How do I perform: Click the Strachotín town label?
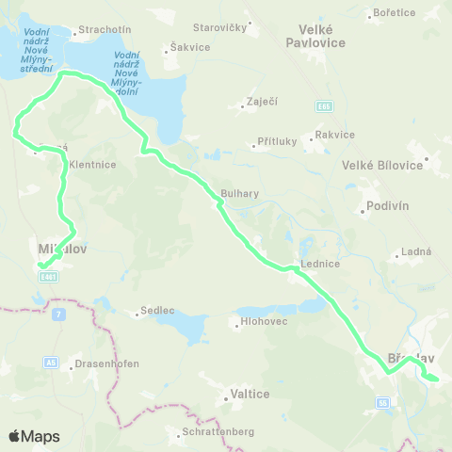(98, 29)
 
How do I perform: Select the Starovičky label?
(220, 28)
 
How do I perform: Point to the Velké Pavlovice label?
(316, 37)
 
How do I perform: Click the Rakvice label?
(336, 135)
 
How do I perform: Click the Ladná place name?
(416, 251)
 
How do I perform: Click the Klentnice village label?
(92, 164)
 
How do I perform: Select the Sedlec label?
(156, 310)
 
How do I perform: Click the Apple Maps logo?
(34, 436)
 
